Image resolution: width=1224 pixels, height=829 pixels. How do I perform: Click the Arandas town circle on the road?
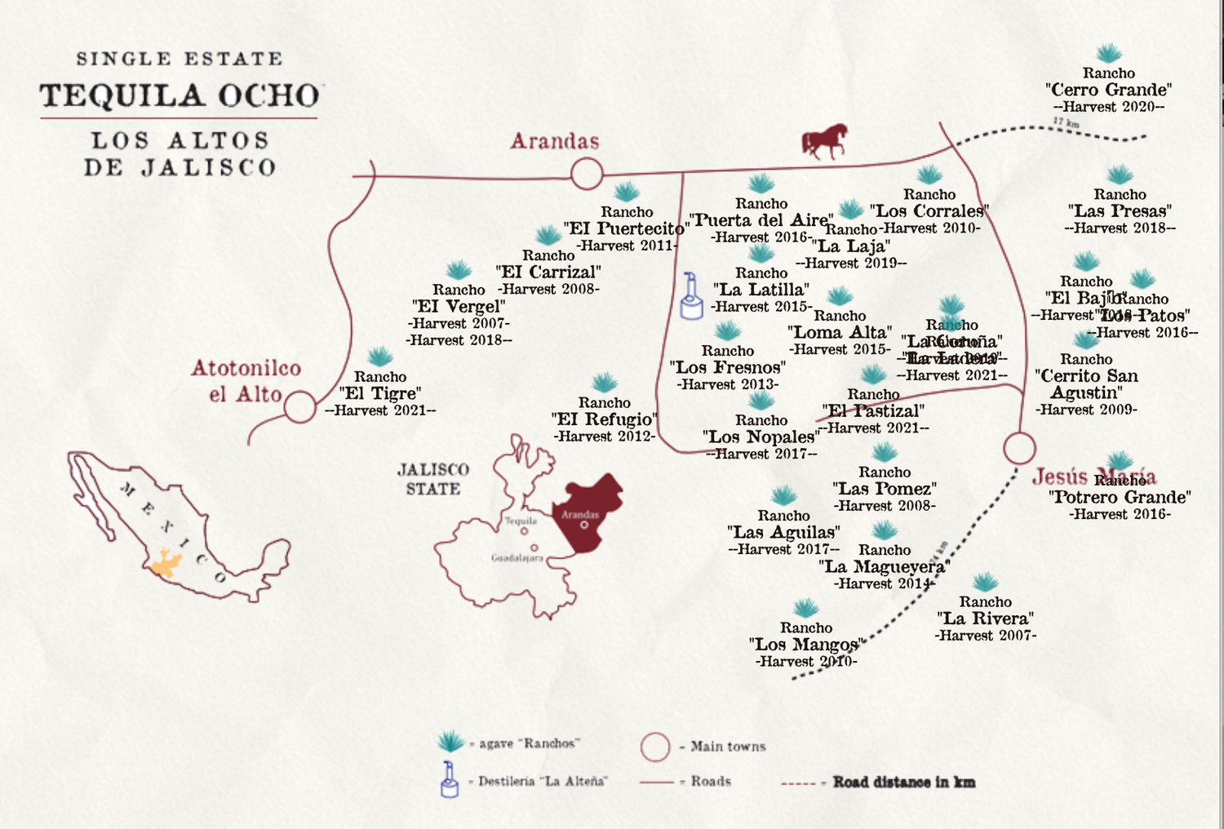[x=586, y=174]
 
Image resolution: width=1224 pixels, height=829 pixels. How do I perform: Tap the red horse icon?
[x=825, y=141]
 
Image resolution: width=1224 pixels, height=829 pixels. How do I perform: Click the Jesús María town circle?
[x=1019, y=448]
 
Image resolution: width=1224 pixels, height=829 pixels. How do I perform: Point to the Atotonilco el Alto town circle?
[x=299, y=406]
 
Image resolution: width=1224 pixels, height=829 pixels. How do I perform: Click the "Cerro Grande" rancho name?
[x=1108, y=90]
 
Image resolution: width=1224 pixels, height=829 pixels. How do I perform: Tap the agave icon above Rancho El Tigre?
[x=379, y=357]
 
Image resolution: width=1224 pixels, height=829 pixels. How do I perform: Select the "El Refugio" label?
[x=604, y=419]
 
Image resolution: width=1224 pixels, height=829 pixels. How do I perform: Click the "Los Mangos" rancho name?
[x=805, y=645]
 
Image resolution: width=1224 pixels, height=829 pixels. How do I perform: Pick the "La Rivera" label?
[x=985, y=618]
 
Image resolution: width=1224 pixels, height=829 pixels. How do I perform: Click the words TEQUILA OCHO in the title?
[x=180, y=96]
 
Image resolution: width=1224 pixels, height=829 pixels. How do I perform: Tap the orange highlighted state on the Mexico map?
[x=166, y=564]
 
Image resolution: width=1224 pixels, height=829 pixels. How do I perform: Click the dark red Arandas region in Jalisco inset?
[x=589, y=510]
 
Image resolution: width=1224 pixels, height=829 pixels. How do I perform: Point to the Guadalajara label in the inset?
[x=517, y=558]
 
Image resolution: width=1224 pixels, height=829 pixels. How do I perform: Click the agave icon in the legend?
[x=450, y=742]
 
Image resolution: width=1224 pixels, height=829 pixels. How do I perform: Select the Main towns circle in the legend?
[x=654, y=746]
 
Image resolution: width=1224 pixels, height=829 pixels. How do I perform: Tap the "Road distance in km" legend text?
[x=903, y=782]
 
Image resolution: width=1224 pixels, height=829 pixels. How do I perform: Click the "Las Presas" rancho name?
[x=1120, y=211]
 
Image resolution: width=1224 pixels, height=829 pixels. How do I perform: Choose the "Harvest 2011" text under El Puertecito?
[x=627, y=246]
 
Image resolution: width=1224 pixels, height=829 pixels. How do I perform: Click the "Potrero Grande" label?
[x=1120, y=498]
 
